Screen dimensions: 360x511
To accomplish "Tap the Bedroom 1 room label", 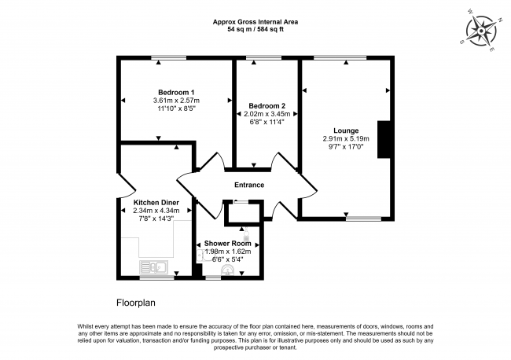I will (176, 93).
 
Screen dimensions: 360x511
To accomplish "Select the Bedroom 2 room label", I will (267, 105).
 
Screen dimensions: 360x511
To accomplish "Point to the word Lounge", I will (346, 130).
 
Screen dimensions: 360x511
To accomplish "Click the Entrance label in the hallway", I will (248, 186).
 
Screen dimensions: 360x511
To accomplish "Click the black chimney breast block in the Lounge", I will (383, 140).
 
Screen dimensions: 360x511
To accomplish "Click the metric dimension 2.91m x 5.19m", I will (346, 139).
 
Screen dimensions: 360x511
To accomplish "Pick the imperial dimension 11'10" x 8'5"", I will (176, 109).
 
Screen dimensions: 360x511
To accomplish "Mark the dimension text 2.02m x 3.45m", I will (267, 114).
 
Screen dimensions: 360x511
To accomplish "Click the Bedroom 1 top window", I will (165, 57).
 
